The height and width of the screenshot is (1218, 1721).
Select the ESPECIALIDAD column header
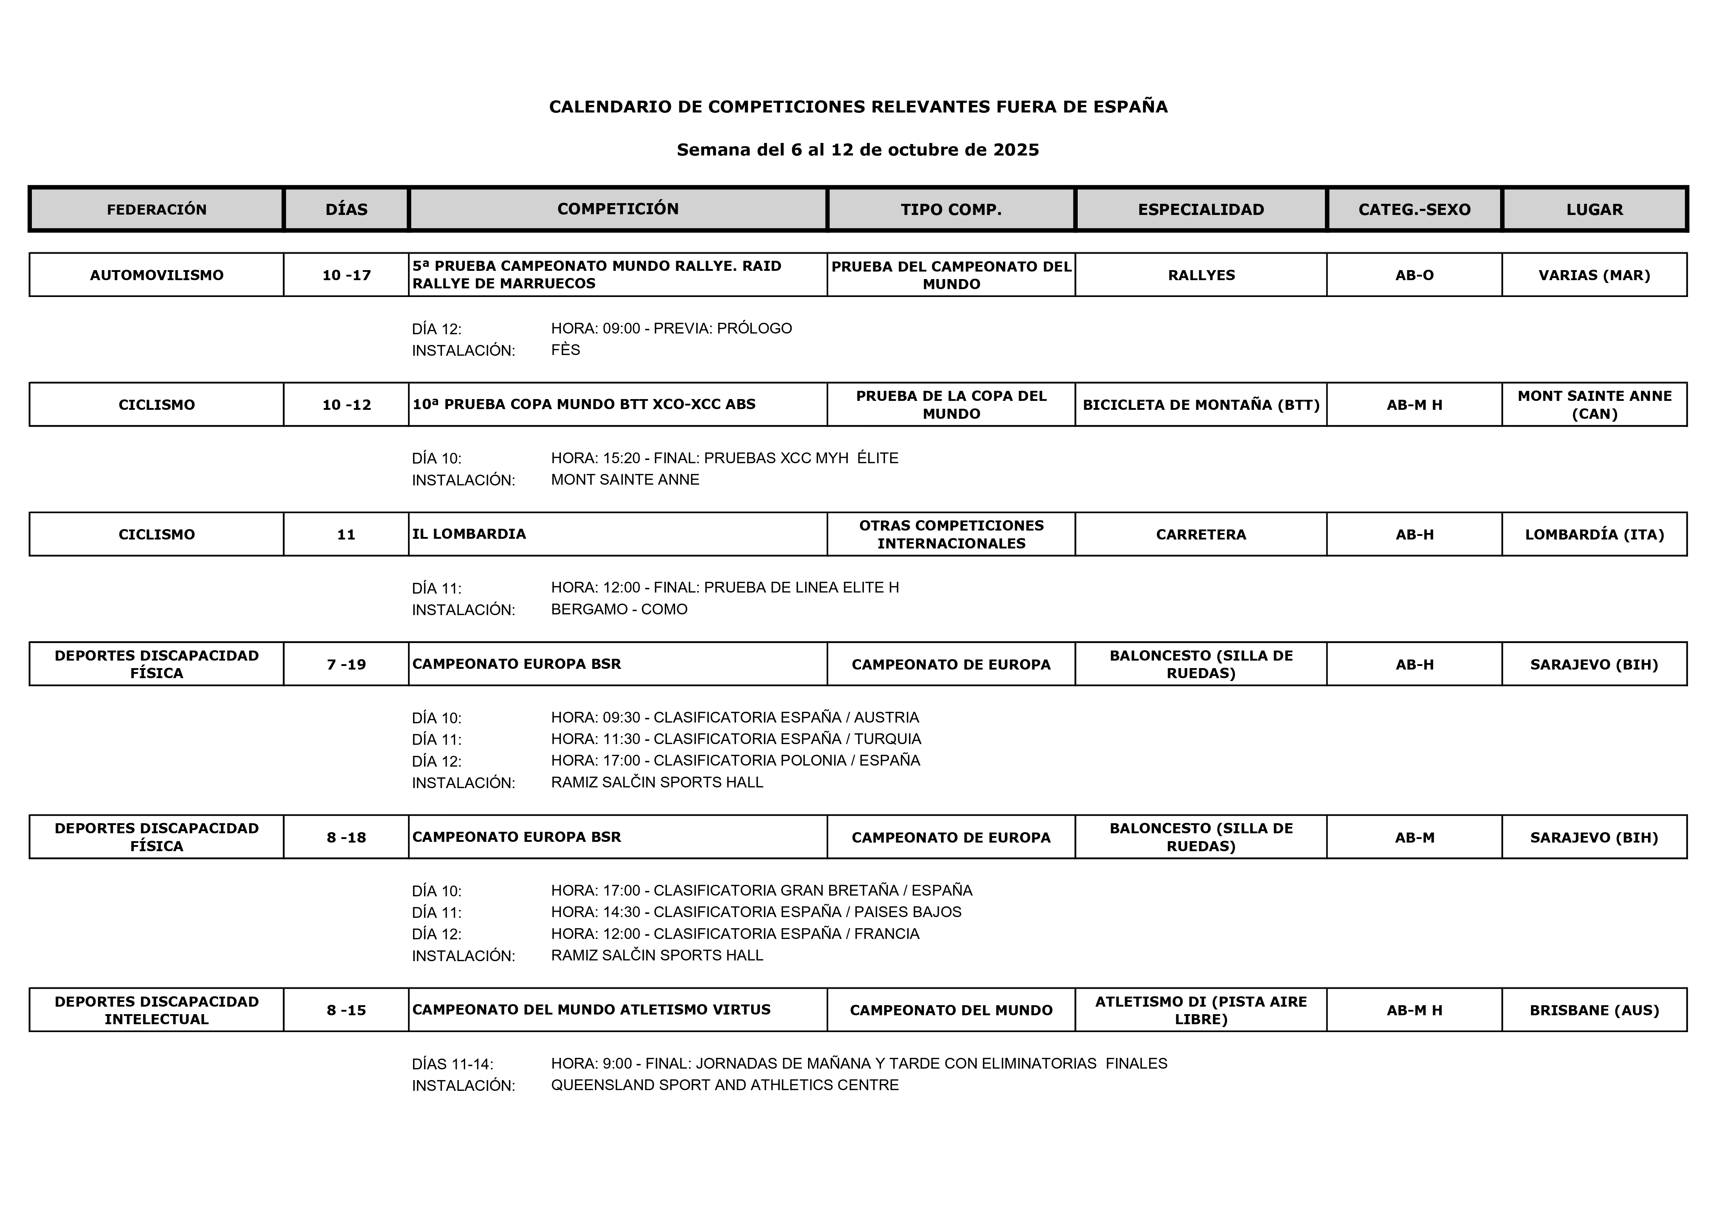tap(1201, 209)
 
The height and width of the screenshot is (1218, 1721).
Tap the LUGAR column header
tap(1594, 209)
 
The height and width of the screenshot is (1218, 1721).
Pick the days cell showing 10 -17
tap(346, 275)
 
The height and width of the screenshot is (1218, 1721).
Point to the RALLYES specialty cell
tap(1201, 275)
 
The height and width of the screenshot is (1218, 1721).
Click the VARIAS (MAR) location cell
tap(1594, 275)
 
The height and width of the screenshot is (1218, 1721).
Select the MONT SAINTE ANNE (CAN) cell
tap(1594, 405)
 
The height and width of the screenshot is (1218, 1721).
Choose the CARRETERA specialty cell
tap(1201, 535)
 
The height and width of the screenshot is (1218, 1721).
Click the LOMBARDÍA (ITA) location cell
tap(1594, 535)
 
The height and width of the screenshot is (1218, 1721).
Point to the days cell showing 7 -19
tap(346, 665)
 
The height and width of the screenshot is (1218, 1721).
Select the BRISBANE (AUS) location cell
tap(1594, 1010)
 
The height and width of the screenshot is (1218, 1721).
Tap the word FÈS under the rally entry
tap(566, 350)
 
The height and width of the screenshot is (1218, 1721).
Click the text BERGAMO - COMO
tap(619, 609)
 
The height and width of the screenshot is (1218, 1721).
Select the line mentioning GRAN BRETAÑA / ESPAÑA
tap(761, 890)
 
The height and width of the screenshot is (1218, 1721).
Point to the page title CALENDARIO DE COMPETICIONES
tap(858, 106)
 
